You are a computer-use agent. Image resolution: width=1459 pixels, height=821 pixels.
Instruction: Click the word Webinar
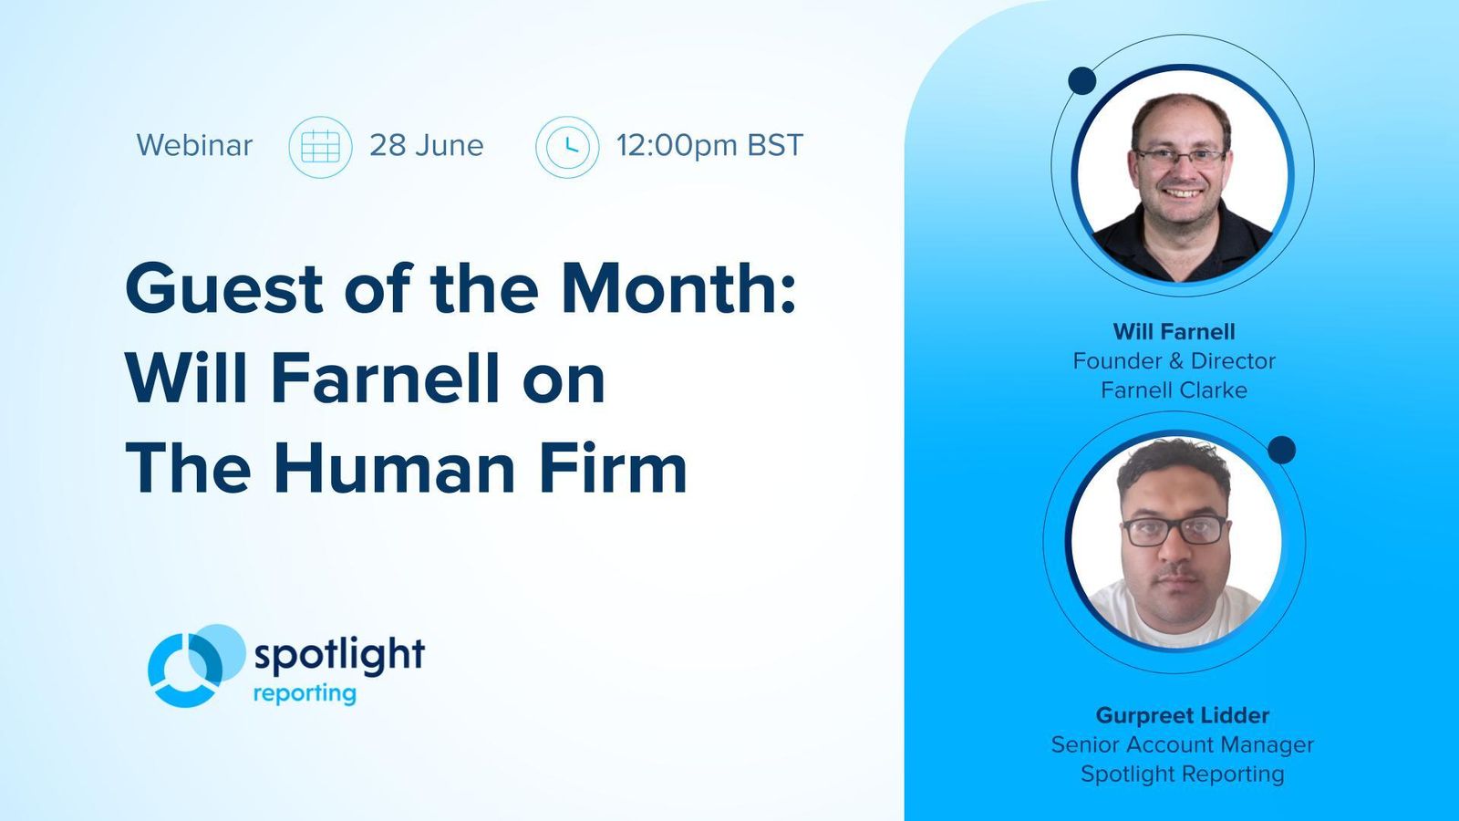[x=194, y=146]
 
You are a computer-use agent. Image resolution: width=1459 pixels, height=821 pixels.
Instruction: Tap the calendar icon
[x=320, y=147]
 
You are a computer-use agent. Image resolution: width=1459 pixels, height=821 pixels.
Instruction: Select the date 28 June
[x=426, y=146]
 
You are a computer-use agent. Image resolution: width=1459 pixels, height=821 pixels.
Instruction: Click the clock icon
[x=567, y=147]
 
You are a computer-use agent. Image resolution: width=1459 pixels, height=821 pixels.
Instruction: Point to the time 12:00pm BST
[x=709, y=146]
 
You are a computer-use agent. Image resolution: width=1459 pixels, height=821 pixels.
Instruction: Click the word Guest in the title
[x=224, y=289]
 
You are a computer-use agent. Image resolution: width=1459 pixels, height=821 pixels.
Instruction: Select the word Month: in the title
[x=678, y=289]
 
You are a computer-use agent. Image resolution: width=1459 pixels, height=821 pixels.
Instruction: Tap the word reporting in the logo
[x=305, y=694]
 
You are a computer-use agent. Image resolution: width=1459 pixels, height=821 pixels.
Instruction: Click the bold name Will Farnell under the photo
[x=1174, y=332]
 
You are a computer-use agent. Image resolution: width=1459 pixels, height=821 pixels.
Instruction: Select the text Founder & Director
[x=1174, y=361]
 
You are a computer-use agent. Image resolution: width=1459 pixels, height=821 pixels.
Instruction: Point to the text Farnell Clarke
[x=1174, y=390]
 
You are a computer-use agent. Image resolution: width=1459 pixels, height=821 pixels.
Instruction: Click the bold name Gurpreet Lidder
[x=1182, y=715]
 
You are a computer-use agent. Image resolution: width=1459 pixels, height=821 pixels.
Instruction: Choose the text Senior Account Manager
[x=1182, y=744]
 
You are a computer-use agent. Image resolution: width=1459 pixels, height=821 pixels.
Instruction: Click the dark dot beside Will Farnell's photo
[x=1081, y=81]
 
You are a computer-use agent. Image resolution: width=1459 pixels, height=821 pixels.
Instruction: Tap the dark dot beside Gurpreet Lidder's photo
[x=1281, y=450]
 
